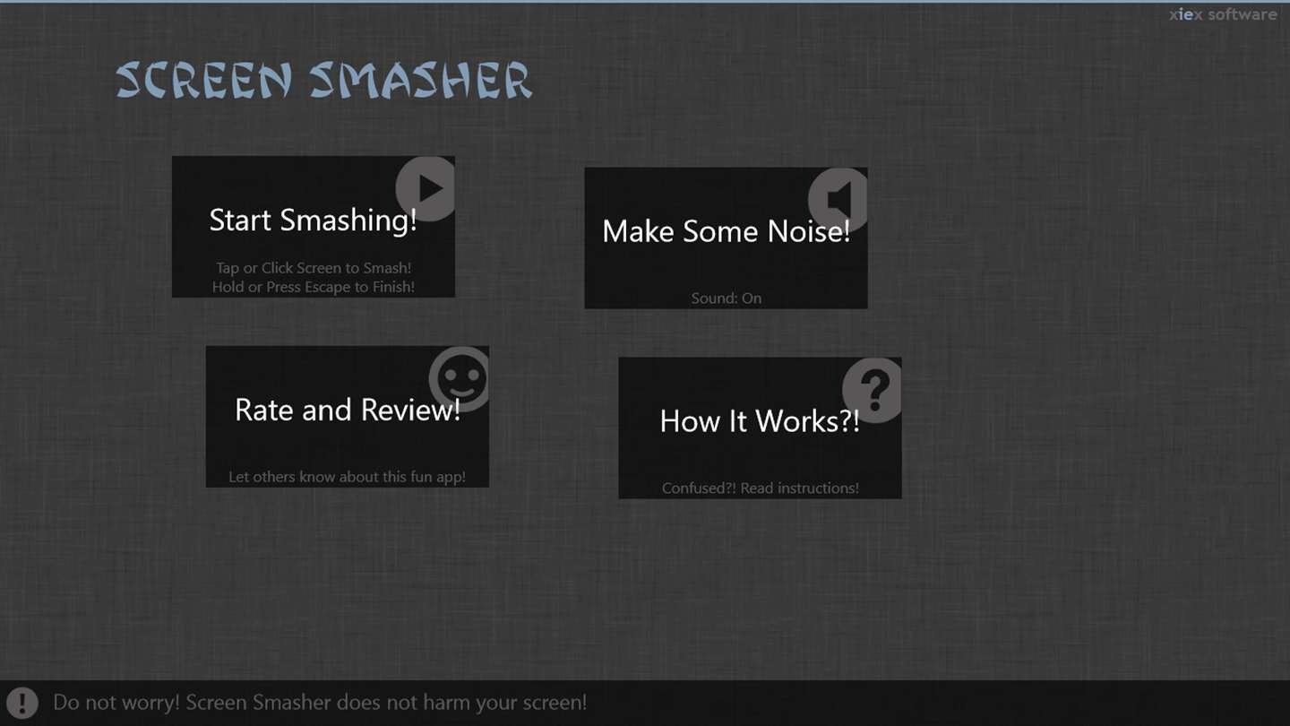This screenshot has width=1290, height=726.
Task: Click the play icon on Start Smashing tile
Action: point(426,189)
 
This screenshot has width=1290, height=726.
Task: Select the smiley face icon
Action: point(460,379)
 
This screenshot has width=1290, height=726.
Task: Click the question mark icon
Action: point(873,391)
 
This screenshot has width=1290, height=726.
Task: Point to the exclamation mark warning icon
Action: point(22,703)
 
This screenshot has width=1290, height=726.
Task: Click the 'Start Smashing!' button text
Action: point(313,220)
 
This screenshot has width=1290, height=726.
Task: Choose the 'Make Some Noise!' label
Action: point(727,231)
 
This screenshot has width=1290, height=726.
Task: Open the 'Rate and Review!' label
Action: point(348,411)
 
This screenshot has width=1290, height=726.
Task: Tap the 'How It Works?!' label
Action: point(760,421)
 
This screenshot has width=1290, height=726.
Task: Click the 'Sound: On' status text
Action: point(727,298)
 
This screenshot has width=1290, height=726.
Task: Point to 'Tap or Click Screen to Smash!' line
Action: point(314,268)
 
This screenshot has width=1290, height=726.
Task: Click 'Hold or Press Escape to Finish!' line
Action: point(314,287)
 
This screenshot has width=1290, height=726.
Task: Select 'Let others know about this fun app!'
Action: point(348,477)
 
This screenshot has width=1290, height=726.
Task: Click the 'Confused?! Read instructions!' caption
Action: point(761,488)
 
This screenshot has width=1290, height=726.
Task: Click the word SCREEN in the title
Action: point(204,80)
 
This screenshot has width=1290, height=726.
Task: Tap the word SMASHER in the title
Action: point(420,80)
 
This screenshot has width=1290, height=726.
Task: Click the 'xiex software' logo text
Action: point(1223,14)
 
